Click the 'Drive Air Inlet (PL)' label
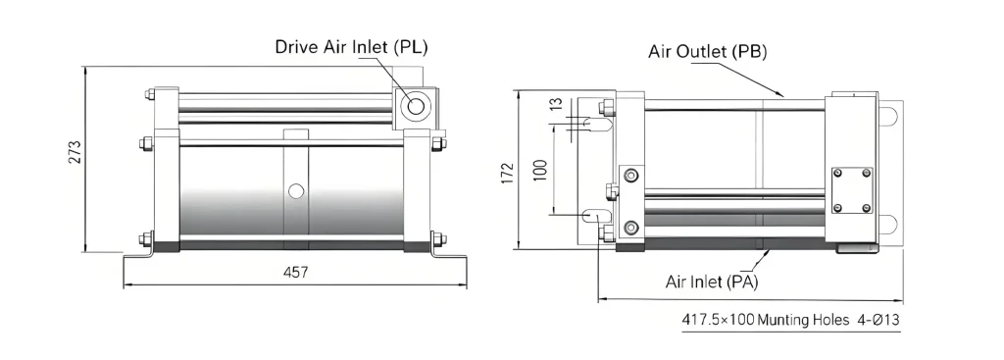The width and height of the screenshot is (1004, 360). coord(351,47)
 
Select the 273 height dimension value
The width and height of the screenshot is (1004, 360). coord(75,153)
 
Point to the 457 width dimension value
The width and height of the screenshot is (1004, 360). coord(295,273)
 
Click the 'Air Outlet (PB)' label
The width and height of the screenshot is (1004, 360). coord(707,51)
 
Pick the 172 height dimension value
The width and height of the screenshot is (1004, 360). coord(507,172)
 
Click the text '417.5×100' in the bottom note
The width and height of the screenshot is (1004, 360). coord(718,320)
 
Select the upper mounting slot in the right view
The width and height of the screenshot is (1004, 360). coord(595,125)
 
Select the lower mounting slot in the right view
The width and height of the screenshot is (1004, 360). coord(595,217)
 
